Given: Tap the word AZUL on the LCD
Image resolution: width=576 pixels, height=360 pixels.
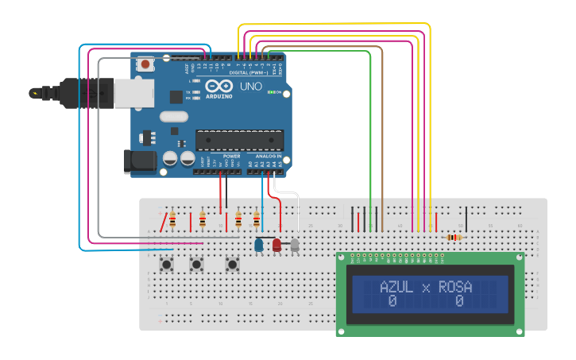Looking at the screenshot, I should point(396,287).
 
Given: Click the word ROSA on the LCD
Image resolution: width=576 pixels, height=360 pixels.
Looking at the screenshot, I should point(455,287).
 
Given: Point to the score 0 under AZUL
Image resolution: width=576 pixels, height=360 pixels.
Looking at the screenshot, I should point(392,302).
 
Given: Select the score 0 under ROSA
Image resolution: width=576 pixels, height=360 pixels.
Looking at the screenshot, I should point(459,302).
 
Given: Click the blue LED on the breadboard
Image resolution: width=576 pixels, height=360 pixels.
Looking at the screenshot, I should point(259,246).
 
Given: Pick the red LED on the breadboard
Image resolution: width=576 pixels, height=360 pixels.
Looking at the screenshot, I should point(276,246).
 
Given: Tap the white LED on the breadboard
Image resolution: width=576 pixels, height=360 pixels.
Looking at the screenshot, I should point(295,246).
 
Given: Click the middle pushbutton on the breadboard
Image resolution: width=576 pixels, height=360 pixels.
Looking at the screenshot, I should point(195,263).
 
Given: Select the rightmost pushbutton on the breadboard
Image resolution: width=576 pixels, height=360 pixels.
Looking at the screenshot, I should point(233,263).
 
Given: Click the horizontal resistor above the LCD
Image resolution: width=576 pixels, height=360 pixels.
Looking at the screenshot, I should point(454,237).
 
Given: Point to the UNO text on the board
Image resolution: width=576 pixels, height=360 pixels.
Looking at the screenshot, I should point(251,86).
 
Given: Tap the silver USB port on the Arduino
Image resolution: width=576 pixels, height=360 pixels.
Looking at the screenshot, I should point(133,93).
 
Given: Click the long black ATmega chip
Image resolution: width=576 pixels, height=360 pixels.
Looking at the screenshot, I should point(239,140).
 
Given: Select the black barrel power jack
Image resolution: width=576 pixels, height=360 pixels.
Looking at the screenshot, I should point(140,161).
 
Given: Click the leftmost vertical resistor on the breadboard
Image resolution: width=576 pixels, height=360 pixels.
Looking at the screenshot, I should point(172,219).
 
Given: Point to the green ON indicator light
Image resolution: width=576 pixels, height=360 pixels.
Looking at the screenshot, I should point(273,92).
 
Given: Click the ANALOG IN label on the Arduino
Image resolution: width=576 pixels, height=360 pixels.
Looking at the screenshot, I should point(267,157).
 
